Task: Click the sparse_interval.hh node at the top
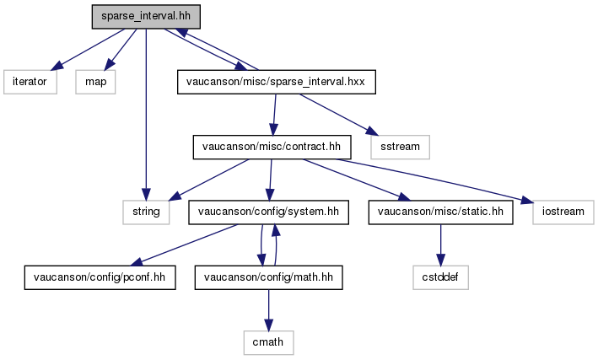coord(146,17)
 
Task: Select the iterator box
coord(30,82)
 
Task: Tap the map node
coord(95,82)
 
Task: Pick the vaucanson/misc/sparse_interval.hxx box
coord(276,82)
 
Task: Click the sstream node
coord(400,147)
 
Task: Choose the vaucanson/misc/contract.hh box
coord(272,147)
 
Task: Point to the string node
coord(146,212)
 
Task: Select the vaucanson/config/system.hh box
coord(268,212)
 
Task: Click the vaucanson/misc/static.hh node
coord(440,212)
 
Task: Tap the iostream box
coord(563,212)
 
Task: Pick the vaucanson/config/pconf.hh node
coord(100,277)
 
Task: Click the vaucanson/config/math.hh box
coord(268,277)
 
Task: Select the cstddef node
coord(440,277)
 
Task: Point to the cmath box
coord(268,342)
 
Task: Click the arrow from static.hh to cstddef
coord(440,244)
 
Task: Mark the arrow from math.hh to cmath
coord(268,310)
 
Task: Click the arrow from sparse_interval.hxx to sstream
coord(339,115)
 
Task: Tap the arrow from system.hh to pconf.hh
coord(184,244)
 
